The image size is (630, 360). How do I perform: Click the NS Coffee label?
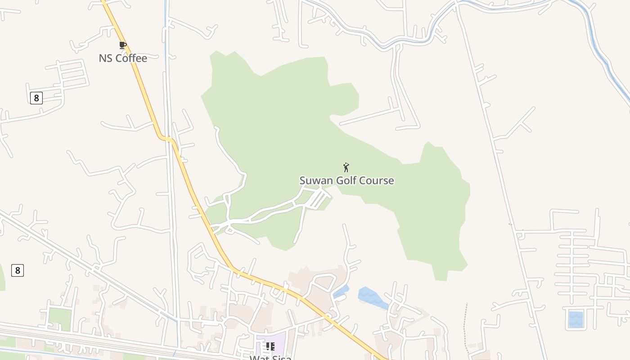coord(123,58)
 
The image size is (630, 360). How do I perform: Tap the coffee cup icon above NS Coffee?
coord(122,45)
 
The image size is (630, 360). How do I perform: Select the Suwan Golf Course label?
coord(346,180)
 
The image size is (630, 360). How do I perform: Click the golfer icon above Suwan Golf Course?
coord(346,168)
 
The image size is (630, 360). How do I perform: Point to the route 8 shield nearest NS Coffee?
coord(36,98)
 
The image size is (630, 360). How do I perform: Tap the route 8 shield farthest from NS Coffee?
coord(17,270)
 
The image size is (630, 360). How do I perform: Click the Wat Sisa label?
coord(270,357)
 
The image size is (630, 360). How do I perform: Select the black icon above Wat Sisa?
coord(270,346)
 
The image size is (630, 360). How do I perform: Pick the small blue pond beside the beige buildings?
coord(341,292)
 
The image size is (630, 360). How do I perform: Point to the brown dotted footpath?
coord(465,328)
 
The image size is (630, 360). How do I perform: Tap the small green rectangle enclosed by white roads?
coord(60,319)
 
